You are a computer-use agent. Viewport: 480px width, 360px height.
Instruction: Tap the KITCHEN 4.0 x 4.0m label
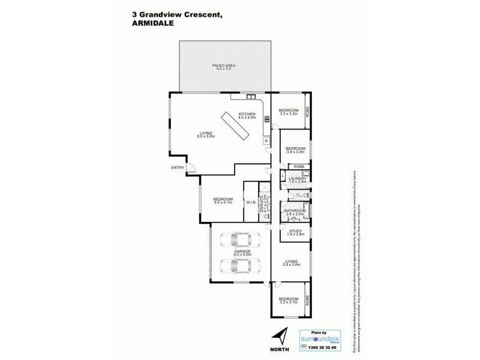pyautogui.click(x=247, y=116)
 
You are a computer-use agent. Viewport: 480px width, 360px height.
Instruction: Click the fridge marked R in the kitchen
pyautogui.click(x=265, y=141)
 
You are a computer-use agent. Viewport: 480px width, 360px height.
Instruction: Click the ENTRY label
pyautogui.click(x=178, y=167)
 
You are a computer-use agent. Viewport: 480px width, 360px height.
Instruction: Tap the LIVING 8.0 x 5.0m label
pyautogui.click(x=206, y=136)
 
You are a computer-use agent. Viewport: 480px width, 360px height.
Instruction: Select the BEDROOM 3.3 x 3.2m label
pyautogui.click(x=289, y=112)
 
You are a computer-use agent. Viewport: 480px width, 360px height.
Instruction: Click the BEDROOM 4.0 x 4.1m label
pyautogui.click(x=222, y=202)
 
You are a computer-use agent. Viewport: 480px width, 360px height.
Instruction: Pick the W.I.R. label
pyautogui.click(x=250, y=202)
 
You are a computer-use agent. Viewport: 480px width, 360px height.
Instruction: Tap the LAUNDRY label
pyautogui.click(x=297, y=179)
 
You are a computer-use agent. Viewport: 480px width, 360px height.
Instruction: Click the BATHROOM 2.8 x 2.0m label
pyautogui.click(x=295, y=212)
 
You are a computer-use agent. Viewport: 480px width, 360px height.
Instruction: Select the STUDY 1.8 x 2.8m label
pyautogui.click(x=295, y=233)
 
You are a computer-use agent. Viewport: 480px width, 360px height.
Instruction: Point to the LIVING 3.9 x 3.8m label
pyautogui.click(x=292, y=263)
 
